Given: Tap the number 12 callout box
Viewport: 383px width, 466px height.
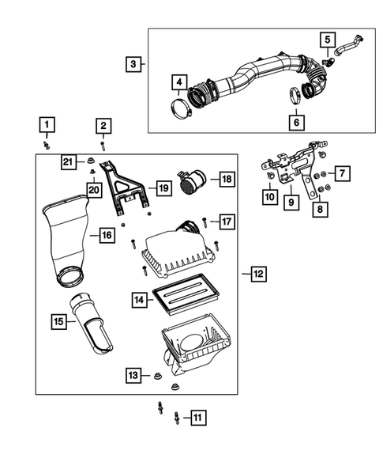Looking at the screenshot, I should tap(258, 274).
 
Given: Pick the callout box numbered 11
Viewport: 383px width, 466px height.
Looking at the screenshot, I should tap(197, 417).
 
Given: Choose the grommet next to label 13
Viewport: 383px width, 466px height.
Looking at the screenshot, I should tap(156, 373).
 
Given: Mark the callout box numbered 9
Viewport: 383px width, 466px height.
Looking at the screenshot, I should tap(291, 202).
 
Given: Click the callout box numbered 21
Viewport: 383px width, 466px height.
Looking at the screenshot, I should tap(69, 162).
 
